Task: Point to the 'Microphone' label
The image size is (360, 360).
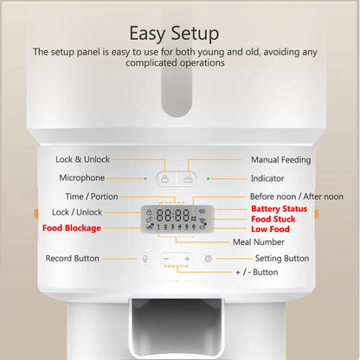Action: click(x=82, y=178)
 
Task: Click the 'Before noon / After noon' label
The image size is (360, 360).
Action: click(x=296, y=196)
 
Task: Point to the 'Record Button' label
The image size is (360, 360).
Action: click(x=74, y=259)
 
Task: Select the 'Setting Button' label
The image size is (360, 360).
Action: click(x=282, y=259)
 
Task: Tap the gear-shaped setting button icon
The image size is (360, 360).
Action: click(x=208, y=259)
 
